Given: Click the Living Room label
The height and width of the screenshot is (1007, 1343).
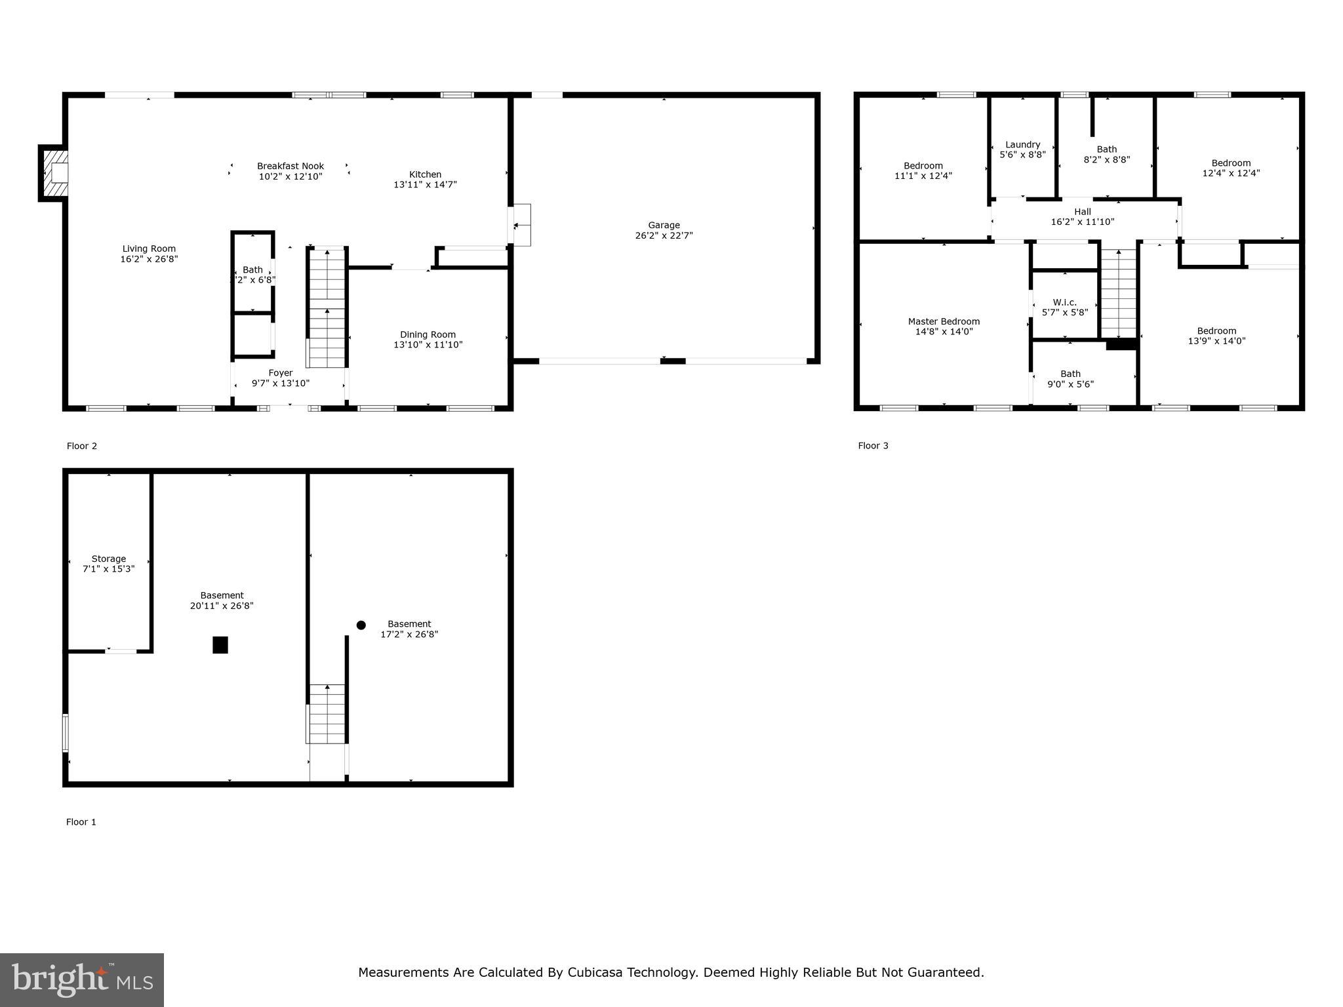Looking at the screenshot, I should pyautogui.click(x=149, y=248).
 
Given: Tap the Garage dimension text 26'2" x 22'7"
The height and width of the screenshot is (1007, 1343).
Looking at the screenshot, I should pyautogui.click(x=664, y=235).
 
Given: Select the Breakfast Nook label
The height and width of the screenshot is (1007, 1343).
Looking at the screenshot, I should pyautogui.click(x=290, y=166).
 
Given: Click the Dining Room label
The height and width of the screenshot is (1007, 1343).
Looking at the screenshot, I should pyautogui.click(x=428, y=334).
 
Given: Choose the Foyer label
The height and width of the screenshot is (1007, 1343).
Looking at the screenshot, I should pyautogui.click(x=280, y=373).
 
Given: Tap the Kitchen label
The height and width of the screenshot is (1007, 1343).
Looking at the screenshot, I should pyautogui.click(x=425, y=174).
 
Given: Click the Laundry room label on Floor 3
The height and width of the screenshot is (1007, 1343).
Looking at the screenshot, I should pyautogui.click(x=1022, y=145).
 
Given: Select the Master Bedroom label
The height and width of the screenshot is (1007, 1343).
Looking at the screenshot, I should pyautogui.click(x=944, y=321).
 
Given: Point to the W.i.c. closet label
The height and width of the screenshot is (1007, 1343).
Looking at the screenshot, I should pyautogui.click(x=1064, y=302).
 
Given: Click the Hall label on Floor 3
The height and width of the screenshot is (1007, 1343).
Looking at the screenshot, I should pyautogui.click(x=1082, y=212).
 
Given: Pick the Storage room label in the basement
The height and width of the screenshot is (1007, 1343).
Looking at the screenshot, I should pyautogui.click(x=108, y=559).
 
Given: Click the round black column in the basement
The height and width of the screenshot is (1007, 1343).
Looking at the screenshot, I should pyautogui.click(x=361, y=625).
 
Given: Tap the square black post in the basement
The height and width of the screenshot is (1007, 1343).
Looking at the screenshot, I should pyautogui.click(x=220, y=645).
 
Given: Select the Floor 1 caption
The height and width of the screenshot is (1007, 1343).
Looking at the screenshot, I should pyautogui.click(x=81, y=822).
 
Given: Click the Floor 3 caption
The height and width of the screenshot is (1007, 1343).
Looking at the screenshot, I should pyautogui.click(x=873, y=446).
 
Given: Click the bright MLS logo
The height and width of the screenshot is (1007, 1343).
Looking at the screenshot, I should pyautogui.click(x=82, y=980).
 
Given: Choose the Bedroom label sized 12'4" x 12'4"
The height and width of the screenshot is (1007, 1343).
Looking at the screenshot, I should pyautogui.click(x=1231, y=163).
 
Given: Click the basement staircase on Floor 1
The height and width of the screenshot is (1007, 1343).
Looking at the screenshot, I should pyautogui.click(x=327, y=713).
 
